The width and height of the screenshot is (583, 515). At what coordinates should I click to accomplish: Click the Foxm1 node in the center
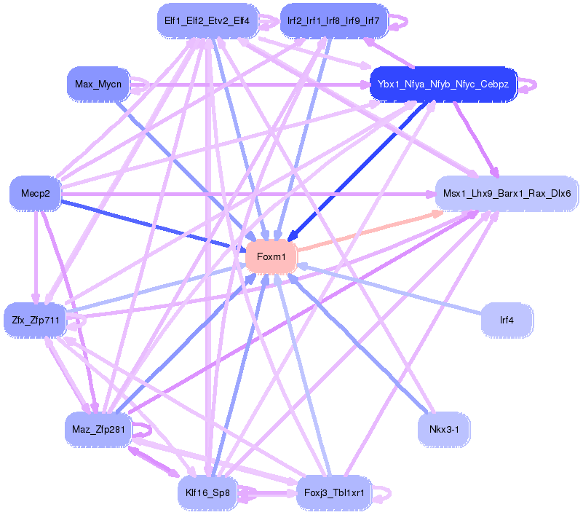[x=271, y=256]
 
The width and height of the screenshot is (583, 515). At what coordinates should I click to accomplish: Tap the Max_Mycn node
[x=98, y=84]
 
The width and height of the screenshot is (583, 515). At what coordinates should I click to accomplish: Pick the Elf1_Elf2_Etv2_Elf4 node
[x=207, y=20]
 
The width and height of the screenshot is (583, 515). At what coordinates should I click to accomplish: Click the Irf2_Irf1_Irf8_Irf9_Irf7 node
[x=335, y=20]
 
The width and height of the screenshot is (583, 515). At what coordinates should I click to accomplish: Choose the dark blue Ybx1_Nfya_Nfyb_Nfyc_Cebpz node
[x=443, y=84]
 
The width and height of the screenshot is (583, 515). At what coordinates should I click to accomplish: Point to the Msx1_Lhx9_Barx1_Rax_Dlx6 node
[x=507, y=194]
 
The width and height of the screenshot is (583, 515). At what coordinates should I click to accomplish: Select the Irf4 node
[x=507, y=319]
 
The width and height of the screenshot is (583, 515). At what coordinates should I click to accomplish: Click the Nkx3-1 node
[x=443, y=429]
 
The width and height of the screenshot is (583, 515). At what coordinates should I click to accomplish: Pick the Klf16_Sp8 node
[x=207, y=493]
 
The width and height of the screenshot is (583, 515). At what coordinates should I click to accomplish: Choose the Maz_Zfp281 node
[x=98, y=429]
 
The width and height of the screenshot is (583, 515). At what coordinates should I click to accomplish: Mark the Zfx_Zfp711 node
[x=35, y=319]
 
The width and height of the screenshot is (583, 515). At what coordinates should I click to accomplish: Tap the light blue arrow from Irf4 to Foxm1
[x=393, y=289]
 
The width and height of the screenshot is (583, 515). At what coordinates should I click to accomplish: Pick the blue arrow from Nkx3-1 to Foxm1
[x=364, y=350]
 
